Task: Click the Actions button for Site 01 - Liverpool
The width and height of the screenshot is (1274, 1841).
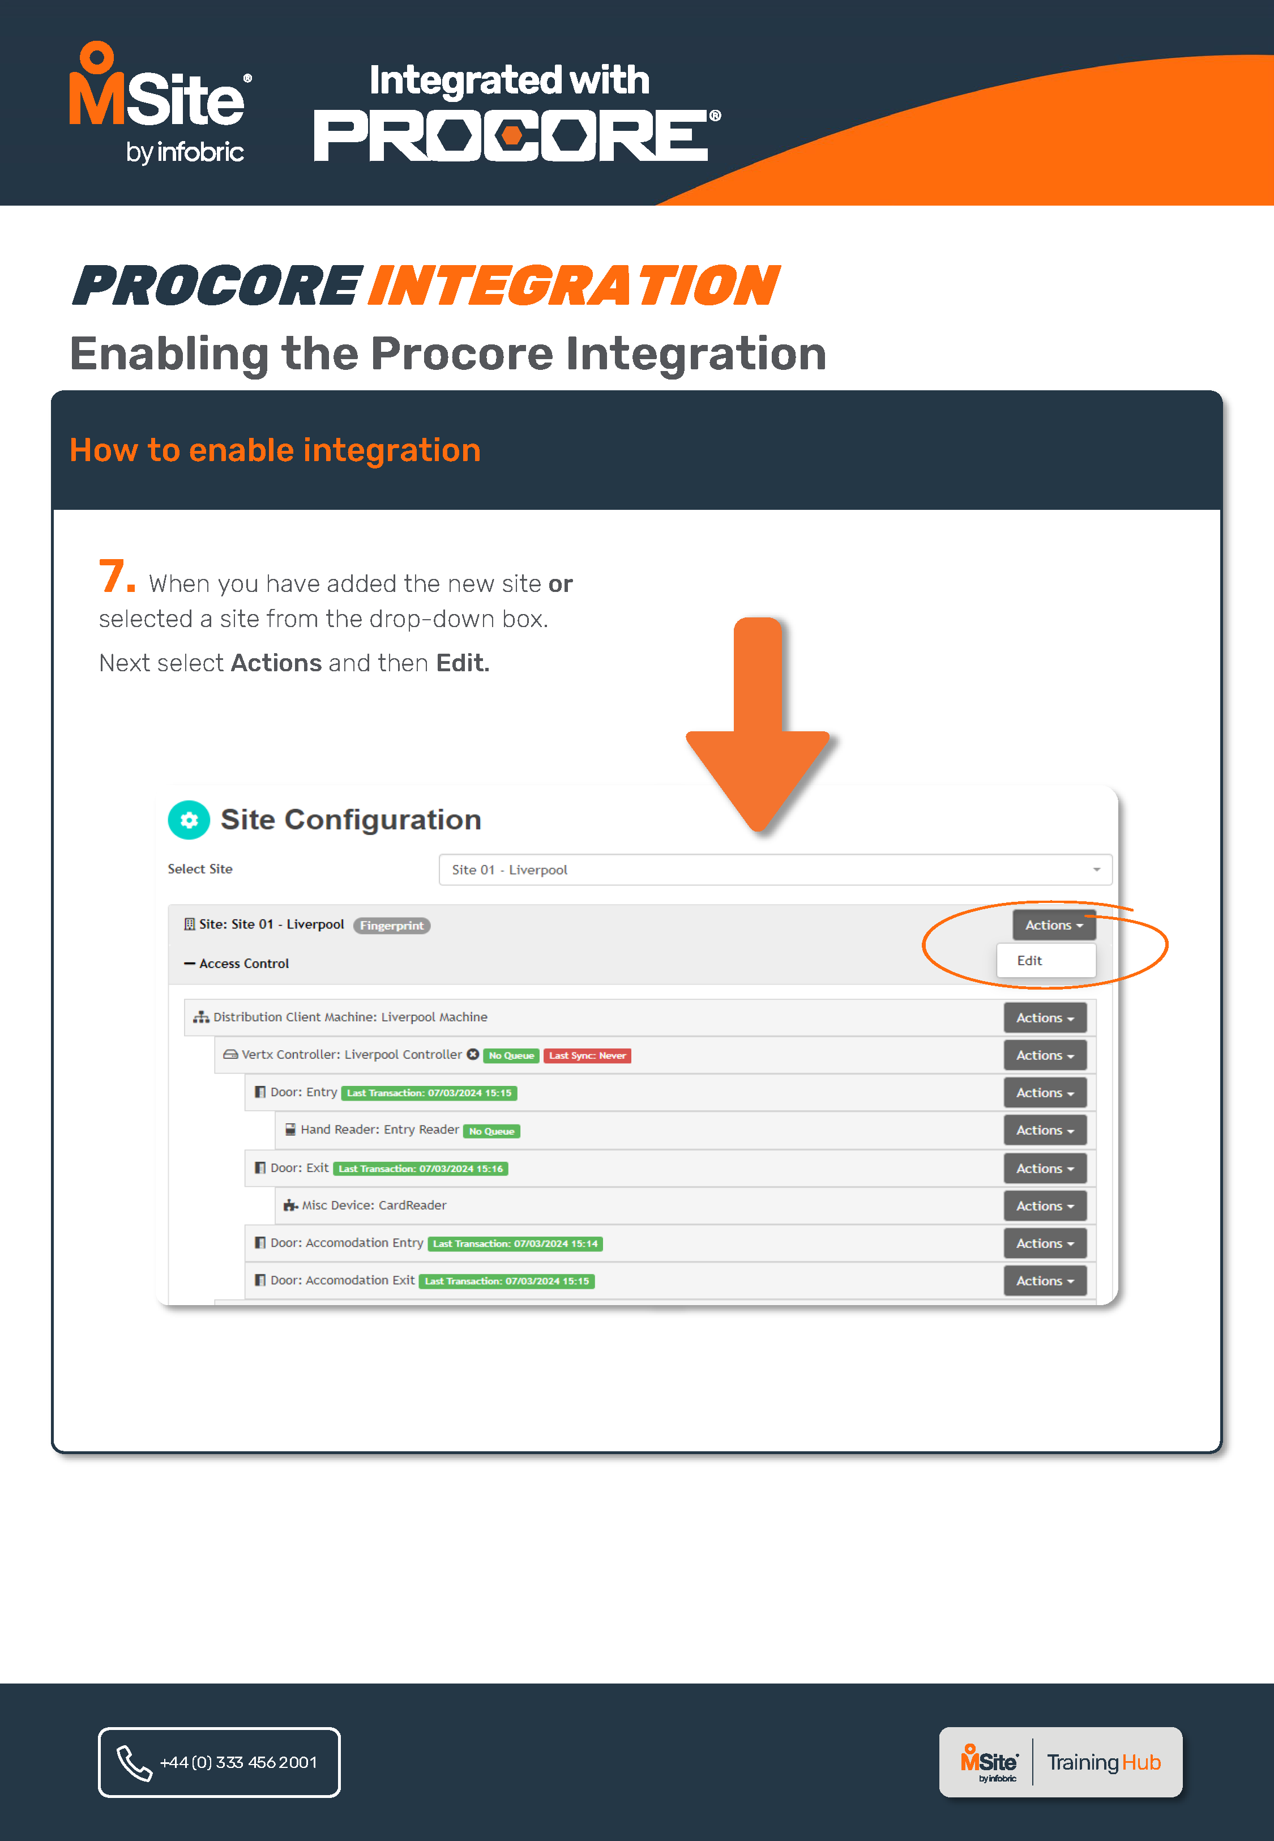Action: pos(1053,925)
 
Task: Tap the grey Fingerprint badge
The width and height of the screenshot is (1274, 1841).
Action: pos(391,925)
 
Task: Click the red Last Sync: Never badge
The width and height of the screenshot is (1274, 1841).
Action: pos(588,1055)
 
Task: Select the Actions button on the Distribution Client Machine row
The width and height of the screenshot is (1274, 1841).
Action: pos(1044,1018)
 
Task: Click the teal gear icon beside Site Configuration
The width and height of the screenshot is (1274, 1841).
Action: pos(189,820)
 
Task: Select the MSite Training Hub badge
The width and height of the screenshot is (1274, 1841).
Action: pos(1060,1762)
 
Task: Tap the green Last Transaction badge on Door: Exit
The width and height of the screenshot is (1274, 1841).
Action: pos(420,1169)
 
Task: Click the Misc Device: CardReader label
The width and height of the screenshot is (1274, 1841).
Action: pos(374,1205)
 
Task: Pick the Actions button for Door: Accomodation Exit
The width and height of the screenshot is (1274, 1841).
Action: pos(1044,1281)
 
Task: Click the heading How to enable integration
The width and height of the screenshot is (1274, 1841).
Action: pos(275,450)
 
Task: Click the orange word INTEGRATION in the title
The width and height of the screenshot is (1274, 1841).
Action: pos(573,286)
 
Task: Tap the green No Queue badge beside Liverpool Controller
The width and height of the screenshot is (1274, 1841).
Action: pos(511,1055)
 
